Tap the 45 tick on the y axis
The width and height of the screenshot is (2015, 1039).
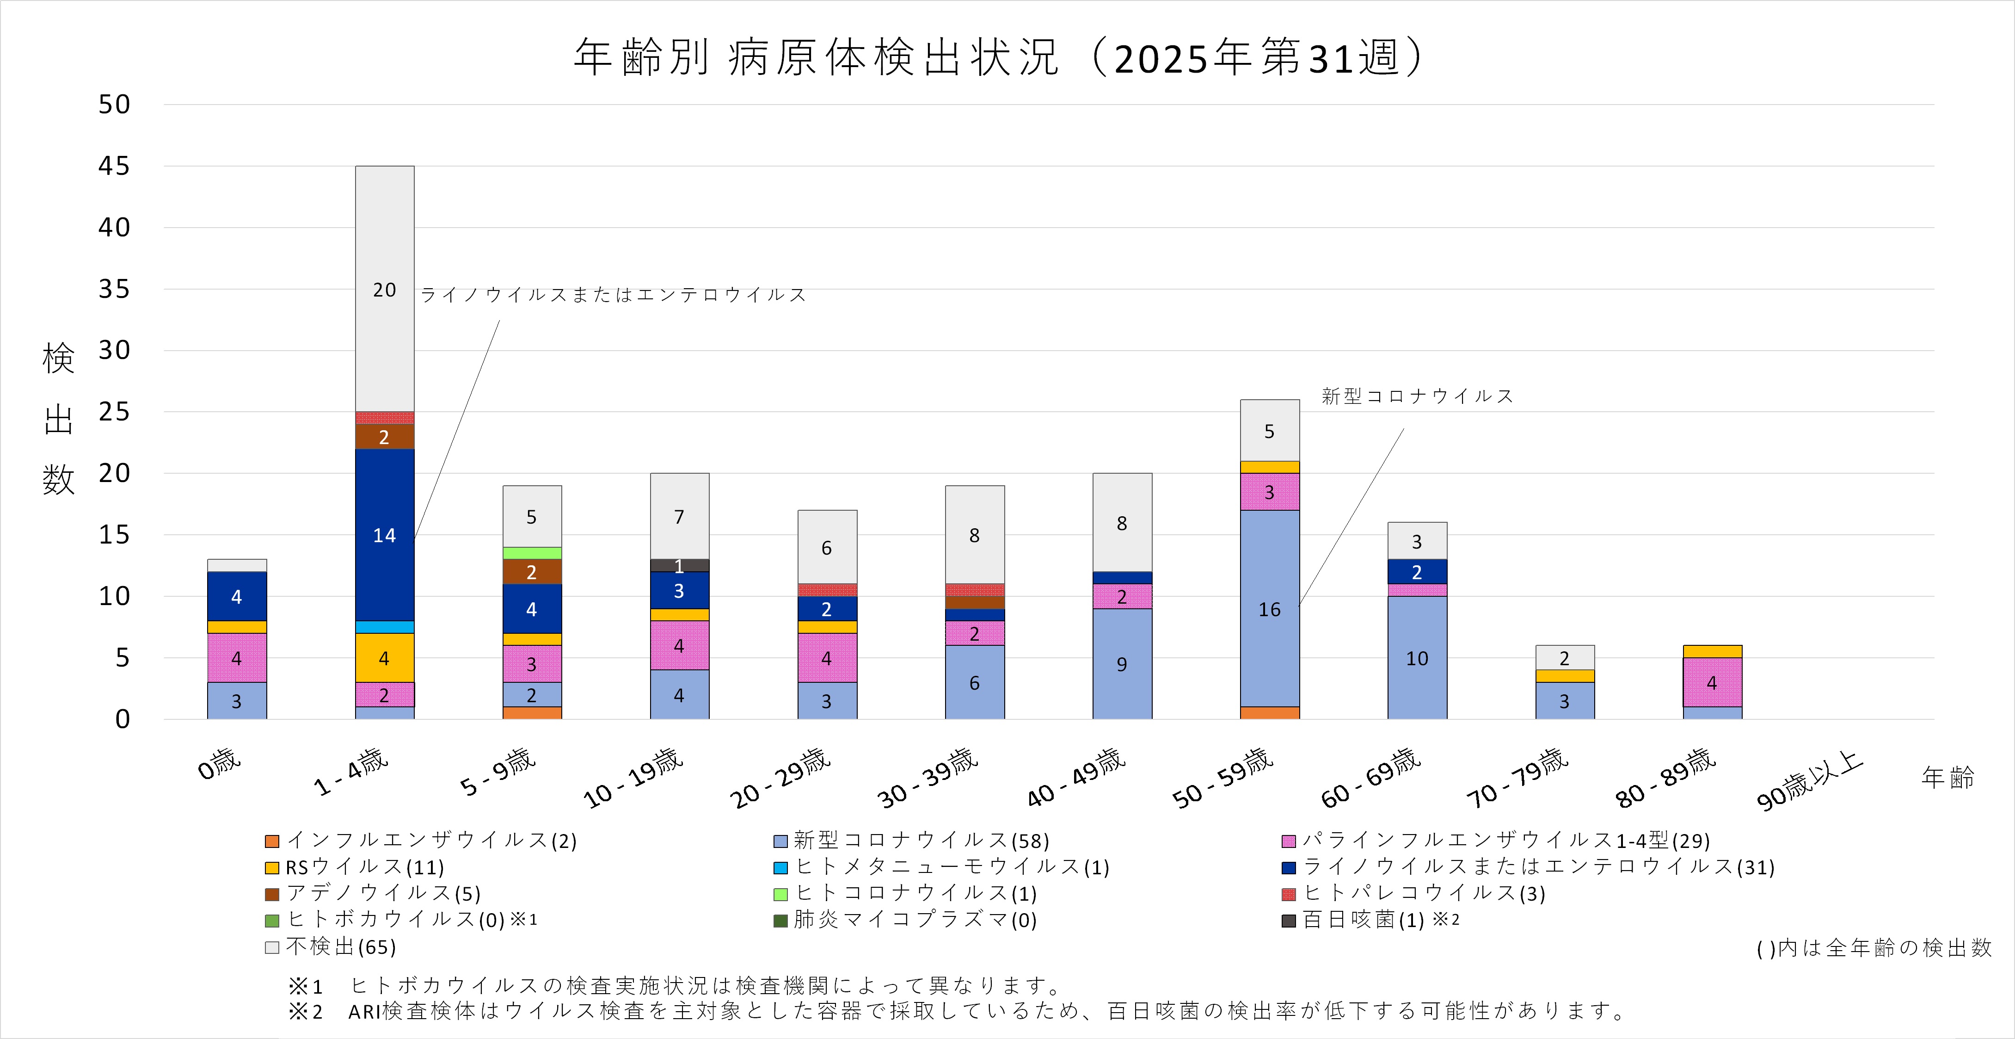114,166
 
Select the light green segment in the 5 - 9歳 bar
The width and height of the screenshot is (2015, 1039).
532,553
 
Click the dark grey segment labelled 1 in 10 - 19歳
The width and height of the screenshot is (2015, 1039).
679,565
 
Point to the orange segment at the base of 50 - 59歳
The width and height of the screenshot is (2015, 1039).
1270,713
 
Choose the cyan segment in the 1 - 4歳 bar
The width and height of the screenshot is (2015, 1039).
384,627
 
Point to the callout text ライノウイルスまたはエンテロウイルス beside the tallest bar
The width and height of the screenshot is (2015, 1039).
613,295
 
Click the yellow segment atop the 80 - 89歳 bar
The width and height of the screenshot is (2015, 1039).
1712,652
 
